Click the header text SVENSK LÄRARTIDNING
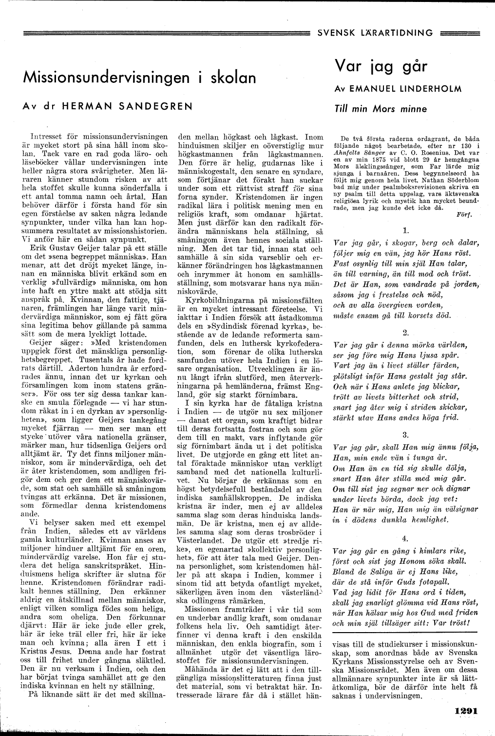click(x=375, y=33)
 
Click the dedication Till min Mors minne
click(x=381, y=109)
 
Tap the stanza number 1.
click(x=406, y=229)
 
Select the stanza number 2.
click(x=406, y=333)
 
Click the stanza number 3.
click(x=406, y=434)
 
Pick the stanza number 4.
click(x=406, y=538)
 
